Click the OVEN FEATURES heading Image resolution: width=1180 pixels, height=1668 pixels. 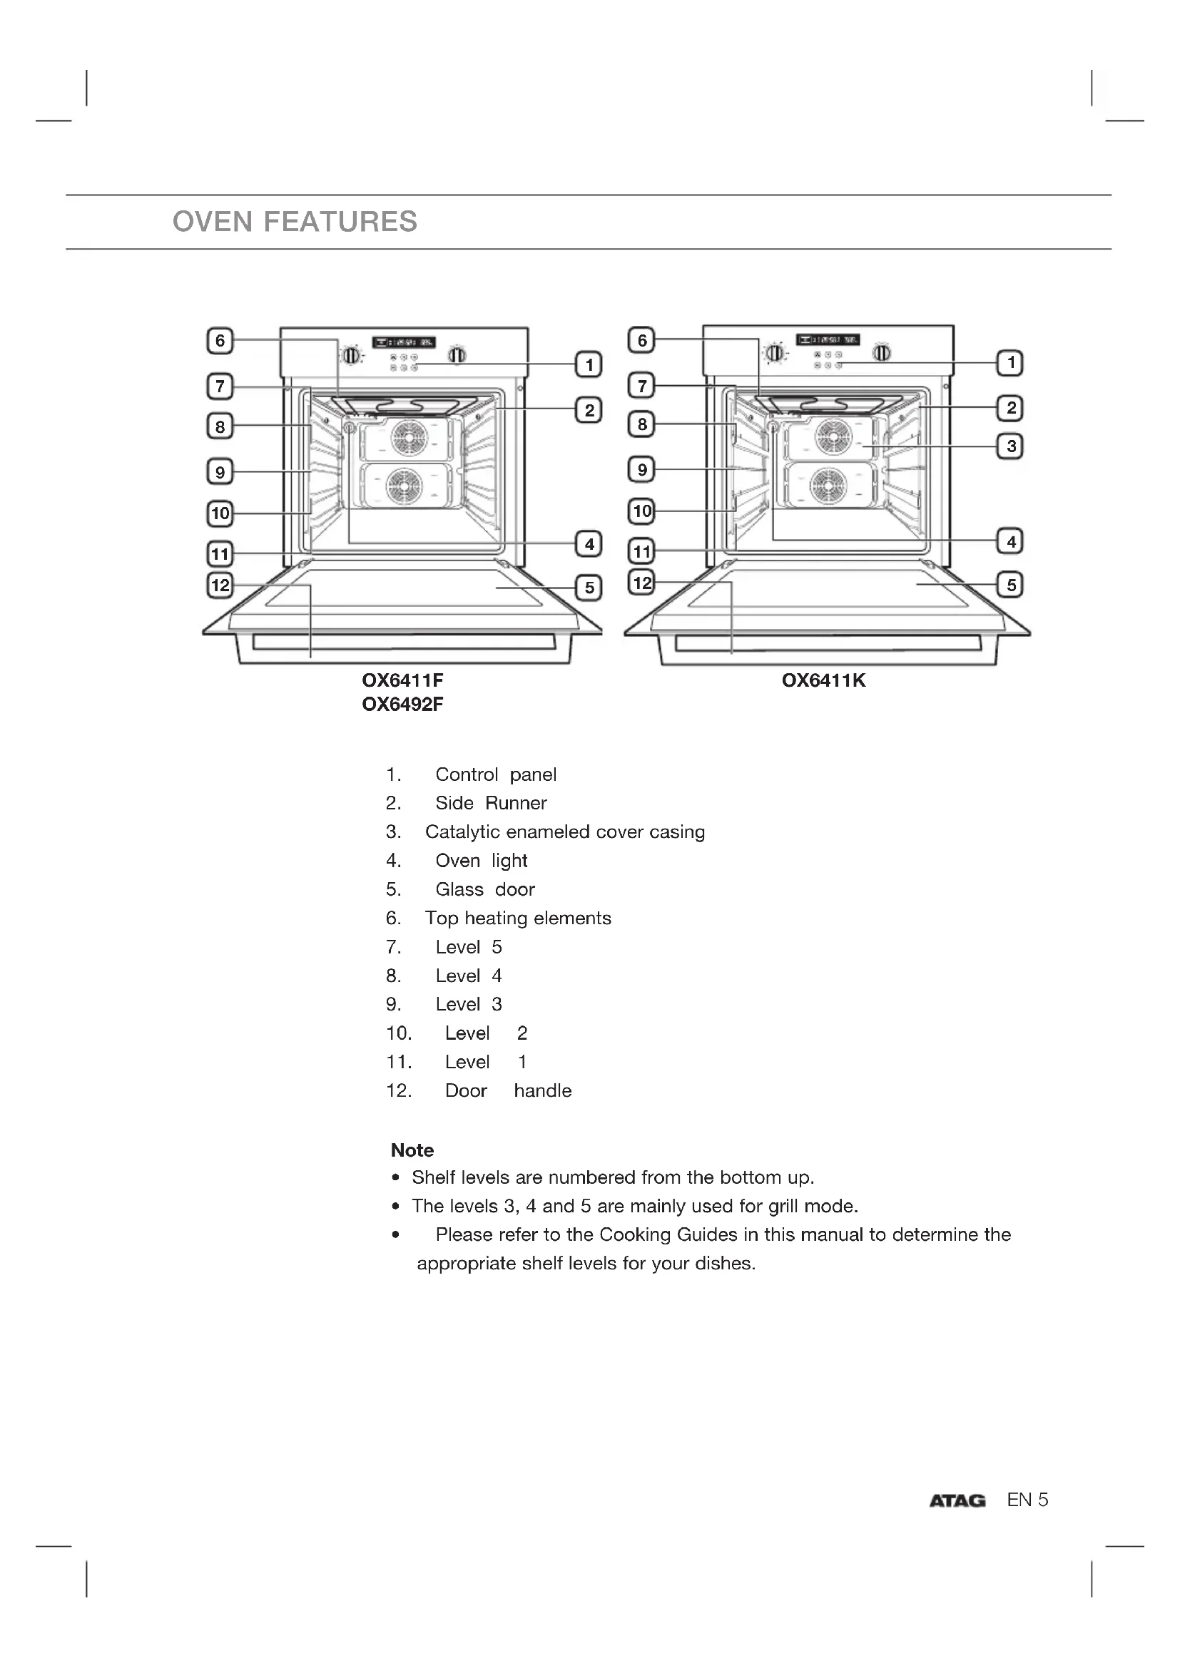(x=295, y=222)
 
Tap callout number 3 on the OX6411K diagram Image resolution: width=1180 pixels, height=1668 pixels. (x=1011, y=446)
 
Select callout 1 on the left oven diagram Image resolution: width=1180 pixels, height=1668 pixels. (x=589, y=364)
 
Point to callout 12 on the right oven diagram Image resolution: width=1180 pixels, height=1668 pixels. (x=641, y=583)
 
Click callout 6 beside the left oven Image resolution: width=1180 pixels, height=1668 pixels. (x=220, y=341)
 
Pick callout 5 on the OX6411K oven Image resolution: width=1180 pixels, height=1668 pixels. (x=1011, y=585)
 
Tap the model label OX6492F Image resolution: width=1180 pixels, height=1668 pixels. (x=402, y=705)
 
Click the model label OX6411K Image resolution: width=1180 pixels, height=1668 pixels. (x=823, y=681)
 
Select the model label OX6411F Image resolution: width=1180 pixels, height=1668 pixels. (x=402, y=681)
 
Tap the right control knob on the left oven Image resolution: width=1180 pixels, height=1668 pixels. (x=457, y=355)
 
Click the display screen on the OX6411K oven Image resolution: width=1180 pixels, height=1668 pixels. (x=828, y=340)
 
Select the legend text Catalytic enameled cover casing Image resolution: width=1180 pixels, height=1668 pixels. (x=564, y=832)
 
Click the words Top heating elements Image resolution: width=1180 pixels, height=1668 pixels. (x=517, y=919)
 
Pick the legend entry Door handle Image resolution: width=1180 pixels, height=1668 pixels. (x=508, y=1090)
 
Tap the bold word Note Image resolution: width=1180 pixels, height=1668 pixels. (x=412, y=1150)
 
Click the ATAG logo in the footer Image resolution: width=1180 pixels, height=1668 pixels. (x=957, y=1501)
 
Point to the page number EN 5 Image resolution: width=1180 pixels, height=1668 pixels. (x=1027, y=1500)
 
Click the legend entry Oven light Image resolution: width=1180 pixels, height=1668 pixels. (x=481, y=861)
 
